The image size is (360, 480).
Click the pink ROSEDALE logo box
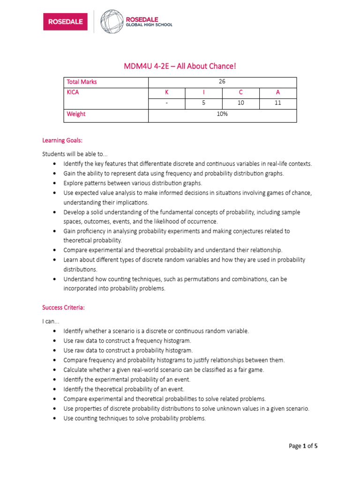click(x=65, y=21)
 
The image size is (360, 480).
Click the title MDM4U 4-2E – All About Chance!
click(x=180, y=66)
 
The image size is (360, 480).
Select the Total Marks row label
click(x=82, y=82)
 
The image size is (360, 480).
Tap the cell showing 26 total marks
click(x=222, y=82)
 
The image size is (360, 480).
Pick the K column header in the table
click(x=166, y=92)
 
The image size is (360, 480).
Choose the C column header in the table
click(x=241, y=92)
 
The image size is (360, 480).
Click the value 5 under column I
click(x=203, y=103)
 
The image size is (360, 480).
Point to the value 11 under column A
click(x=278, y=103)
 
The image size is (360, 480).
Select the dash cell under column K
click(x=166, y=103)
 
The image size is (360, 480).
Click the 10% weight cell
click(x=222, y=114)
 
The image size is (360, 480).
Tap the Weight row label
click(x=76, y=114)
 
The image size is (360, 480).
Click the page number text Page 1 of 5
click(x=303, y=446)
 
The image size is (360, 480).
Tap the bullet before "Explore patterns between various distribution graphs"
click(x=55, y=183)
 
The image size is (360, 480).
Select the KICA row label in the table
click(x=73, y=92)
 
